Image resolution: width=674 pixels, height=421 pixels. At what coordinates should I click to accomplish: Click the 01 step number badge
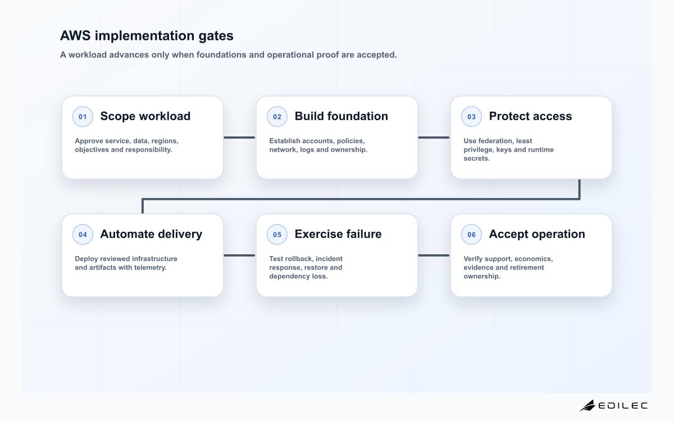click(83, 116)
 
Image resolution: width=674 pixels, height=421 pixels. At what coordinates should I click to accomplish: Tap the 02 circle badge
click(277, 116)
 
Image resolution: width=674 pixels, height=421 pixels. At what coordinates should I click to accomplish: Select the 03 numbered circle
click(471, 116)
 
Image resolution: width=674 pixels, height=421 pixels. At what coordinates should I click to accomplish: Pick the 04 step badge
click(83, 234)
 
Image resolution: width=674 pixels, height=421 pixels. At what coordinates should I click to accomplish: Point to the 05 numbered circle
click(277, 234)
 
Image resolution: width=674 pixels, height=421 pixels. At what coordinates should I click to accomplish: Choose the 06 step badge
click(471, 234)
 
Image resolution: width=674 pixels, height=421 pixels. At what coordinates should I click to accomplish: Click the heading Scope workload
click(145, 116)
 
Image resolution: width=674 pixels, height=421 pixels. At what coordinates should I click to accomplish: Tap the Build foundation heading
click(341, 116)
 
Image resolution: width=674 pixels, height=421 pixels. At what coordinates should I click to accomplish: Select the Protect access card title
click(530, 116)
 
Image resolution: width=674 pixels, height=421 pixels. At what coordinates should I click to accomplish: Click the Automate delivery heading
click(151, 234)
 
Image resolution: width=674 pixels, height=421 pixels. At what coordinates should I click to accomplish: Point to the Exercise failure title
click(338, 234)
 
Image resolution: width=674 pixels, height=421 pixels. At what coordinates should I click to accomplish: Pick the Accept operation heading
click(537, 234)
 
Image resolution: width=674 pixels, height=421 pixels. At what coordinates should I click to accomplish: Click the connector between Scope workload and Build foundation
click(239, 138)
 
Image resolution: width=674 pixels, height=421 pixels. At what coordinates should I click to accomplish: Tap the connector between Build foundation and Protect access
click(434, 138)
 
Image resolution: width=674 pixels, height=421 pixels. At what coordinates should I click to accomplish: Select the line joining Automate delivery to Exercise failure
click(239, 255)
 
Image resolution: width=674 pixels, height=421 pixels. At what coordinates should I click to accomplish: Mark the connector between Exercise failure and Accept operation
click(434, 255)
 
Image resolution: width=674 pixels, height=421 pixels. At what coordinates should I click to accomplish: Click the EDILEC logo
click(613, 405)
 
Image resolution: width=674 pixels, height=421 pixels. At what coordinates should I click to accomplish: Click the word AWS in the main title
click(75, 35)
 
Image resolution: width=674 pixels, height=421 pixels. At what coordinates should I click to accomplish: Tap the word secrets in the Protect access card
click(477, 158)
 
